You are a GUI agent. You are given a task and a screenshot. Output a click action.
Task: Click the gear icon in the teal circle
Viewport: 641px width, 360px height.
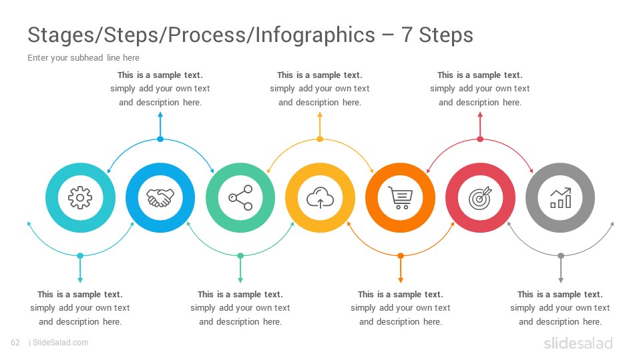[80, 198]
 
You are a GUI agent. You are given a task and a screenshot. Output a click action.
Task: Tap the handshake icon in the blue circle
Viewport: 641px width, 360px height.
[160, 198]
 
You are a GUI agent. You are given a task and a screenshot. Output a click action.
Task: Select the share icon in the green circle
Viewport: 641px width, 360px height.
[240, 198]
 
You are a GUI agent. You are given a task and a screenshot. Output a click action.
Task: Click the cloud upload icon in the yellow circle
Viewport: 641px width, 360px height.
[320, 198]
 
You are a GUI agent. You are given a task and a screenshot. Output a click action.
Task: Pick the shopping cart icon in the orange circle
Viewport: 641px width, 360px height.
[400, 198]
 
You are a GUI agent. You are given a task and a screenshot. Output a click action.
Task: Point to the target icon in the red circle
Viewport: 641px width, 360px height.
[480, 198]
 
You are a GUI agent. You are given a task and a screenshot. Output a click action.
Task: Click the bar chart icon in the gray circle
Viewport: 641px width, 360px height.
[560, 198]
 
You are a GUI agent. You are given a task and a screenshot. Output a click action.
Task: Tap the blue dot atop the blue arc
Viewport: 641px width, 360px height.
[160, 139]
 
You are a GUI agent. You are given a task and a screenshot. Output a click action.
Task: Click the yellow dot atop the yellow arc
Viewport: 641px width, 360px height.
[320, 139]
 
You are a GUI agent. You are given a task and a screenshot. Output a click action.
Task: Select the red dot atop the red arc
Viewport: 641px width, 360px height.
[480, 139]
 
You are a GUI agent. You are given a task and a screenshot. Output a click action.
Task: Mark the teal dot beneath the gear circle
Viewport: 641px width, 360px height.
[80, 256]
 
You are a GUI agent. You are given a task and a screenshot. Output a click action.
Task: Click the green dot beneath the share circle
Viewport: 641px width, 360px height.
[240, 256]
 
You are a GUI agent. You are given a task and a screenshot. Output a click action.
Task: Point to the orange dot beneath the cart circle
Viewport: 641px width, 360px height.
[401, 256]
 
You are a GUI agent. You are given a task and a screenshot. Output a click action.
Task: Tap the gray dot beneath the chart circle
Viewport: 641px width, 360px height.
[561, 256]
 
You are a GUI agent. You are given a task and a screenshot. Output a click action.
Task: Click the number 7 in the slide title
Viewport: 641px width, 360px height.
[407, 35]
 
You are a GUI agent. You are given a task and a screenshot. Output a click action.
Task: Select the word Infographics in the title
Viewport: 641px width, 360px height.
[315, 35]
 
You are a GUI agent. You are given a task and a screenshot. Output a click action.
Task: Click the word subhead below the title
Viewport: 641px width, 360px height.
[86, 57]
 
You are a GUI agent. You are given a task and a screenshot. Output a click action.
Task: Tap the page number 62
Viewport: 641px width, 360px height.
[15, 343]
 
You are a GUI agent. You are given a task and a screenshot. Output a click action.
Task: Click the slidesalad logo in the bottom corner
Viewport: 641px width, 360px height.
[578, 343]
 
